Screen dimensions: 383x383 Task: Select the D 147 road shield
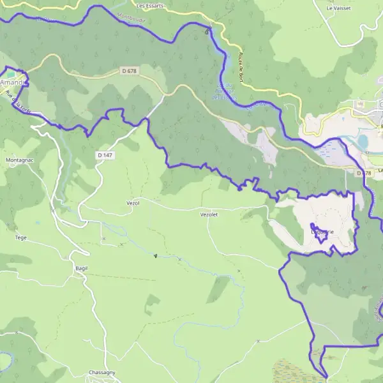[x=105, y=154]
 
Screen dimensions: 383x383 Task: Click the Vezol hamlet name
[x=133, y=202]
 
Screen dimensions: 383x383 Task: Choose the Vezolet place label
[x=209, y=215]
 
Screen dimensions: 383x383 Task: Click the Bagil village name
[x=80, y=269]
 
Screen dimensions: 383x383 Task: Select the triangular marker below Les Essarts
[x=206, y=30]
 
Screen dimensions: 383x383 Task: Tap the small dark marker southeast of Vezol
[x=155, y=256]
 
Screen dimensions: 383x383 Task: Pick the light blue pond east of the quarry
[x=362, y=140]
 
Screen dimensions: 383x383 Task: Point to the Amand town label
[x=13, y=83]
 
